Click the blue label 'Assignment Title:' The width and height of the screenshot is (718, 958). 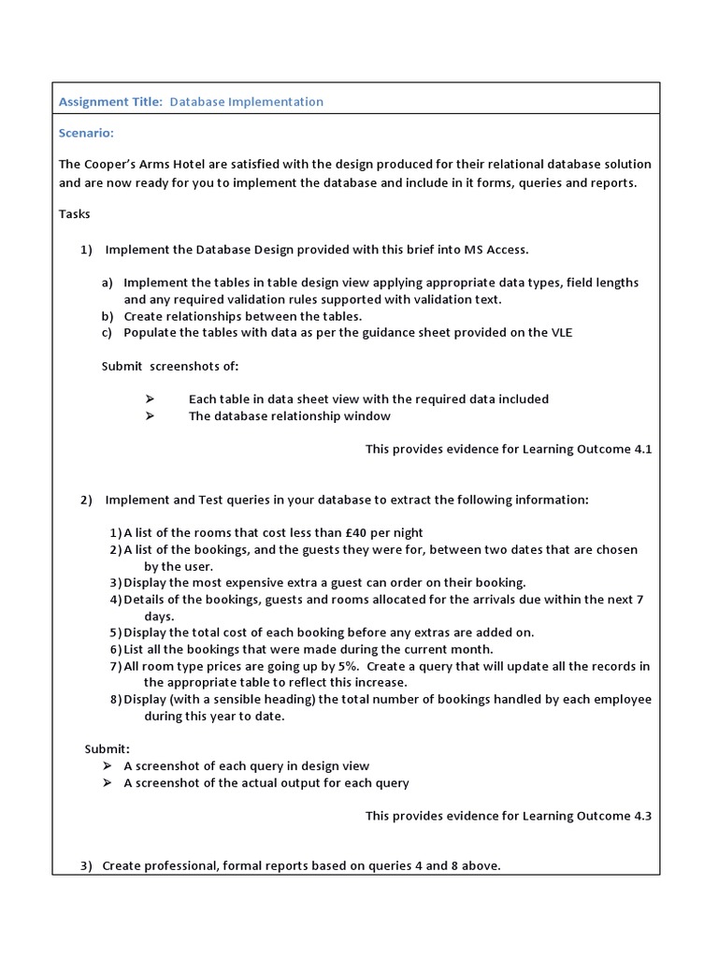[111, 102]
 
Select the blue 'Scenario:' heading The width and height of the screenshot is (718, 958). [86, 134]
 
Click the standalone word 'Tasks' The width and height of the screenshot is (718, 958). [75, 214]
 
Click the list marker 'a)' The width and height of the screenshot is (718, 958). [108, 283]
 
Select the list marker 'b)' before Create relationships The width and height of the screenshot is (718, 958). [108, 316]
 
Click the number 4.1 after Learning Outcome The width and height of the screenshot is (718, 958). [642, 450]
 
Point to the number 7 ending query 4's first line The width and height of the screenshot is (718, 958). [640, 600]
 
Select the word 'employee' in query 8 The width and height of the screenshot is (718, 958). [625, 700]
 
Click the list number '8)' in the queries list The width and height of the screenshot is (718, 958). [115, 700]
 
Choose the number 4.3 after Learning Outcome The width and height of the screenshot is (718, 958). [642, 816]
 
